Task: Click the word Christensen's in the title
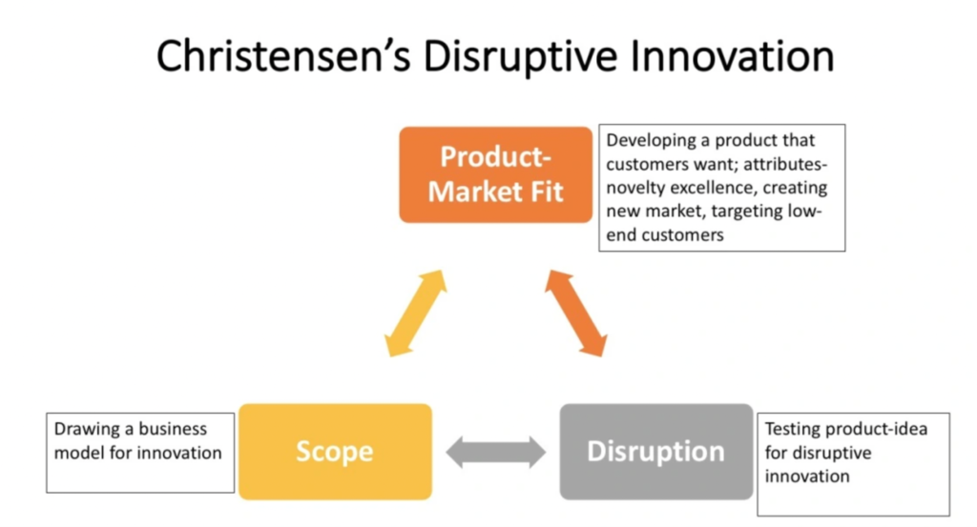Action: pyautogui.click(x=283, y=56)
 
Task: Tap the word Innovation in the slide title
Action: pyautogui.click(x=732, y=56)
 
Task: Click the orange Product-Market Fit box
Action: pyautogui.click(x=496, y=174)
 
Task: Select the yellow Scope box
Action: pyautogui.click(x=335, y=452)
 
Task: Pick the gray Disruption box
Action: pyautogui.click(x=656, y=452)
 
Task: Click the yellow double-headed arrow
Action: pyautogui.click(x=416, y=313)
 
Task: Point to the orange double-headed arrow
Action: pyautogui.click(x=575, y=313)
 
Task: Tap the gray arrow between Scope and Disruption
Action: pyautogui.click(x=496, y=452)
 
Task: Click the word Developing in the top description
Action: pyautogui.click(x=651, y=141)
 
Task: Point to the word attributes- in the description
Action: pyautogui.click(x=785, y=164)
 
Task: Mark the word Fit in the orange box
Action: pyautogui.click(x=547, y=192)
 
